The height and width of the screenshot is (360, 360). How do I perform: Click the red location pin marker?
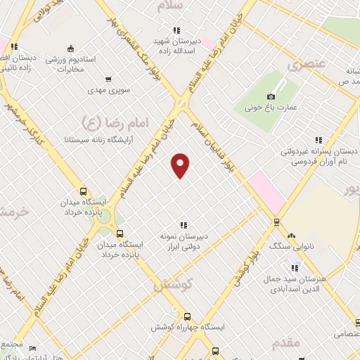click(181, 165)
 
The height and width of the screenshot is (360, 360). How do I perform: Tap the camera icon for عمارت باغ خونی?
click(271, 96)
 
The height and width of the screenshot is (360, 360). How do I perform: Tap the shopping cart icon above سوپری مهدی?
click(108, 79)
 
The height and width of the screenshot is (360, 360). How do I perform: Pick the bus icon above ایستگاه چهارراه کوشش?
click(186, 316)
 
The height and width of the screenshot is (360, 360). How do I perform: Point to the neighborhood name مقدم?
click(285, 342)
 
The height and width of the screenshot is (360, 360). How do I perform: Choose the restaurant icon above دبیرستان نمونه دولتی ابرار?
click(184, 225)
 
